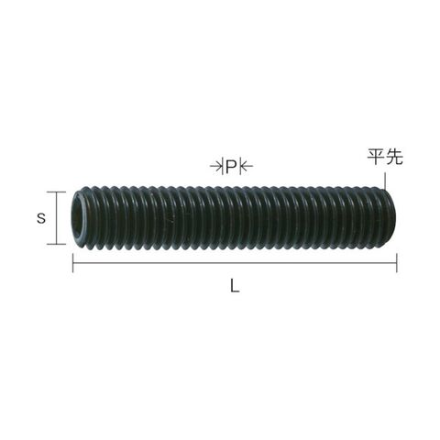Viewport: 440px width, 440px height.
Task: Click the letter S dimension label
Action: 41,218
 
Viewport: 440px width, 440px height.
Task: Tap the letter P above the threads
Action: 231,166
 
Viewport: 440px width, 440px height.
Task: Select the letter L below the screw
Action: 235,287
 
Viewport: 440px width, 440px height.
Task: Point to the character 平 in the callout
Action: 376,157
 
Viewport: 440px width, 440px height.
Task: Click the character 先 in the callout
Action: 394,157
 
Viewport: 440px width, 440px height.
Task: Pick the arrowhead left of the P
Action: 219,166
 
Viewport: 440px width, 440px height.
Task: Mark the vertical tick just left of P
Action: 224,166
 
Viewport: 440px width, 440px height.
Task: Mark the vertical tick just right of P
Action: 240,166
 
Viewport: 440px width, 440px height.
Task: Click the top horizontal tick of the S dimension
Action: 56,192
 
